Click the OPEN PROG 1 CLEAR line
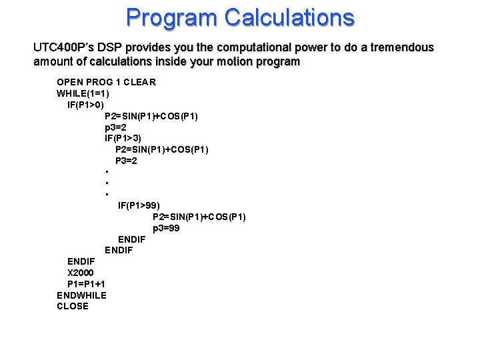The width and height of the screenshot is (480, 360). click(106, 82)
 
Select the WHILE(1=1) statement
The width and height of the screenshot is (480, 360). click(83, 93)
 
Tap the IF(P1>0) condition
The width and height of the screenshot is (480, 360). click(85, 105)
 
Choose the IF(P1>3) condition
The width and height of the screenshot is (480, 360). click(123, 138)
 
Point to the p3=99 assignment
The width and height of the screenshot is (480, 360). click(166, 228)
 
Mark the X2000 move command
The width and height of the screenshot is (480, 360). click(81, 273)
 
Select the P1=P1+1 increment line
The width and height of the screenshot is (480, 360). click(86, 284)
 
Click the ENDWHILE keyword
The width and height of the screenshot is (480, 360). click(81, 295)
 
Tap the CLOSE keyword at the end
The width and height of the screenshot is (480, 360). click(73, 306)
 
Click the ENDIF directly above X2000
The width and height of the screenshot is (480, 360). click(81, 261)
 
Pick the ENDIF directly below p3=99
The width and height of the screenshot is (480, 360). click(131, 239)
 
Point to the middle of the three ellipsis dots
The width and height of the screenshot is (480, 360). click(106, 183)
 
